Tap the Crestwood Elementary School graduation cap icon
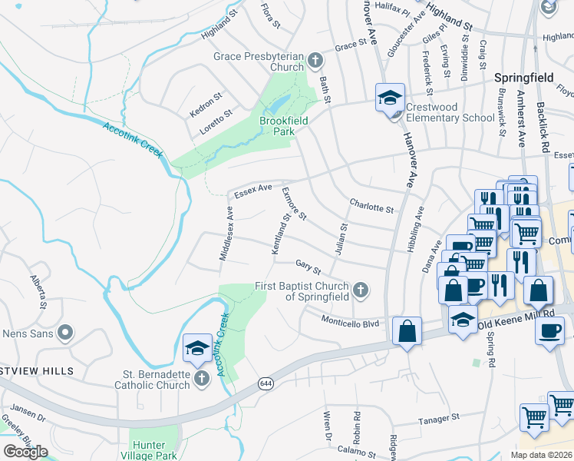pyautogui.click(x=390, y=98)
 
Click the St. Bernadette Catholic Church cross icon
pyautogui.click(x=201, y=378)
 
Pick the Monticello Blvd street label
pyautogui.click(x=350, y=323)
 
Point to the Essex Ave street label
pyautogui.click(x=253, y=190)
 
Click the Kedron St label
pyautogui.click(x=205, y=107)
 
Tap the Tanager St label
pyautogui.click(x=438, y=420)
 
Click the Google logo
pyautogui.click(x=25, y=452)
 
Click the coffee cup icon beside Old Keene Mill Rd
pyautogui.click(x=549, y=331)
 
